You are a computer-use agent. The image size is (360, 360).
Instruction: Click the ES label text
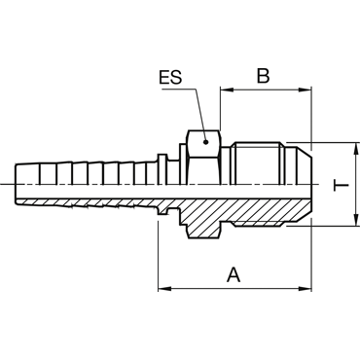[170, 78]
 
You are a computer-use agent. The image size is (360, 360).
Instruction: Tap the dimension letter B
[263, 76]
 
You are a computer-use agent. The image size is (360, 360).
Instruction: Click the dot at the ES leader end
[205, 142]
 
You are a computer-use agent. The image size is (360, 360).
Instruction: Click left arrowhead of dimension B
[227, 90]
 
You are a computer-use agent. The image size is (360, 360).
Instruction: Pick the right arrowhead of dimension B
[305, 90]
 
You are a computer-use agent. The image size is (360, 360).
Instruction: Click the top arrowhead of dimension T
[356, 149]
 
